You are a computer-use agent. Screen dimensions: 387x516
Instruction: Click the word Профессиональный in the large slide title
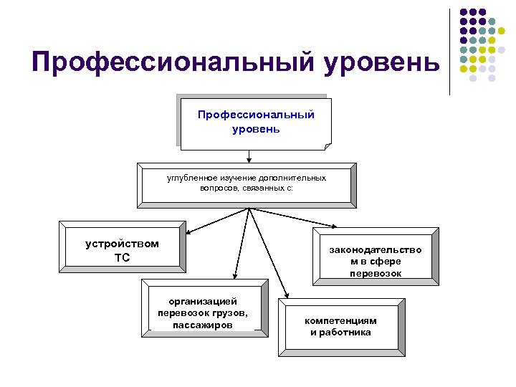point(172,64)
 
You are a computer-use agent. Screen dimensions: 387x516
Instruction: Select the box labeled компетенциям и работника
point(340,326)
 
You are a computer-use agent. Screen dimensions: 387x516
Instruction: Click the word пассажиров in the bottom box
point(203,325)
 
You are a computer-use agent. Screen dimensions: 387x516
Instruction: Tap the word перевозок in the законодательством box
point(376,274)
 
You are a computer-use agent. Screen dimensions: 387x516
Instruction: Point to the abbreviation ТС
point(123,257)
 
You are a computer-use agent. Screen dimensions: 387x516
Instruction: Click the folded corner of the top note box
point(328,146)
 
